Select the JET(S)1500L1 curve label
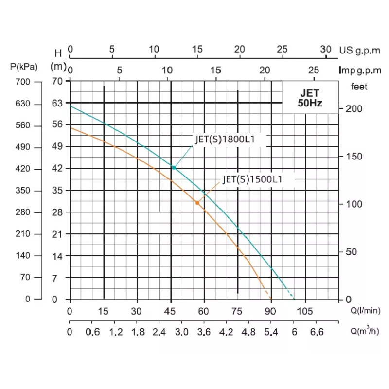click(x=252, y=179)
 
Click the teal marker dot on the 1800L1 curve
click(x=173, y=167)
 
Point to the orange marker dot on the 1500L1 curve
click(x=197, y=202)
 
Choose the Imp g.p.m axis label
click(x=360, y=71)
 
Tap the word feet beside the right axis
click(x=359, y=87)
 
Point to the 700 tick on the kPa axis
click(x=24, y=82)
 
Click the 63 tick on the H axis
click(x=57, y=104)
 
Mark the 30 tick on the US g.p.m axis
click(x=326, y=49)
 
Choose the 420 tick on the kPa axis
click(x=24, y=169)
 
